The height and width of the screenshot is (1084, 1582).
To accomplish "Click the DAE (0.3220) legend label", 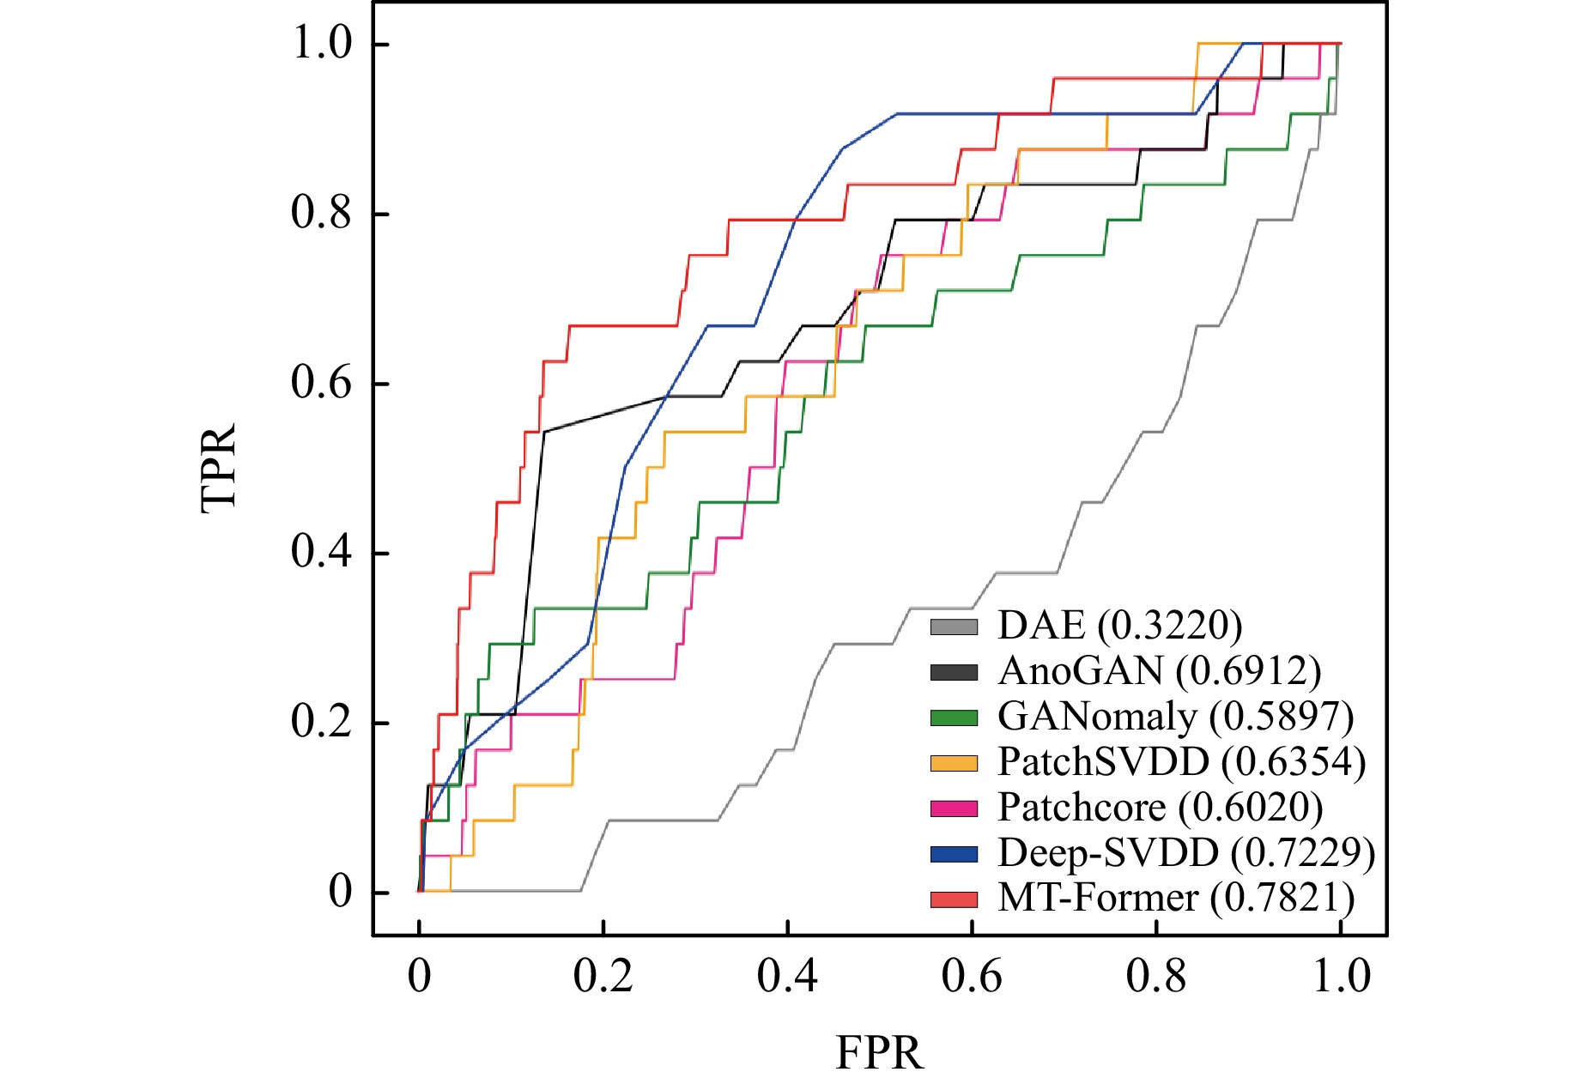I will [1119, 626].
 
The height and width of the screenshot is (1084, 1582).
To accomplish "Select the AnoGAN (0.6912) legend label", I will [1159, 671].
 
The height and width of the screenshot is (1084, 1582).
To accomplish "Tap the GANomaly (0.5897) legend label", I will [1175, 717].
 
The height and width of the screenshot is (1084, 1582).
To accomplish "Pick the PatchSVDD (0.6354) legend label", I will [1181, 762].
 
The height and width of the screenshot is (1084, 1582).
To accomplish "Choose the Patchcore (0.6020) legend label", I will [1160, 808].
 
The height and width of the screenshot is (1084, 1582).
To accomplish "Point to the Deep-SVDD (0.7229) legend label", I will [1186, 853].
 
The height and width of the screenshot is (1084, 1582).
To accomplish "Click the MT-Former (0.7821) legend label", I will [1176, 899].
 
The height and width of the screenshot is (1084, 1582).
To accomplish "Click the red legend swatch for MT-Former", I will [954, 899].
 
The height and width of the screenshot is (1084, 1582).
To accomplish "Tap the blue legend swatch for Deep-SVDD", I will [954, 854].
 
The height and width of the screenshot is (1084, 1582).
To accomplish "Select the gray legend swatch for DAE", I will [954, 627].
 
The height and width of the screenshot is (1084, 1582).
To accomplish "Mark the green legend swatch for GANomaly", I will [954, 718].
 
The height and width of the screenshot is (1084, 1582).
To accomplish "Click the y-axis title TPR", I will [218, 468].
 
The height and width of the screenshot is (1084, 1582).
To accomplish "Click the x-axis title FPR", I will [879, 1053].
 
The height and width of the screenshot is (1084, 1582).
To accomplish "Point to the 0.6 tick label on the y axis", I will [322, 383].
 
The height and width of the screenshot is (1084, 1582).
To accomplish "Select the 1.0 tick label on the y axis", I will [322, 43].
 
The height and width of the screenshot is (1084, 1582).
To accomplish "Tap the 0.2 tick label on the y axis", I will [322, 722].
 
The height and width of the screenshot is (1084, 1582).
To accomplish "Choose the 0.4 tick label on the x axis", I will [787, 977].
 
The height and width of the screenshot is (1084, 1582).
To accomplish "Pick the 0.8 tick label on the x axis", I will [1155, 977].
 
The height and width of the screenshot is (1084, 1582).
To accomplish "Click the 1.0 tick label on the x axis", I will [1341, 977].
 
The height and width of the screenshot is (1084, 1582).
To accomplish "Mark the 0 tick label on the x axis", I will [419, 977].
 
